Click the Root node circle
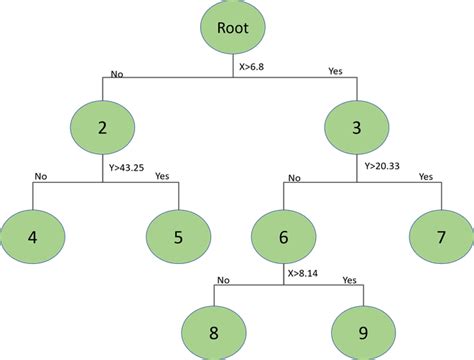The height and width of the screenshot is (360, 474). click(x=232, y=29)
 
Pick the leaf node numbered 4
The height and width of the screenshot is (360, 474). click(x=33, y=237)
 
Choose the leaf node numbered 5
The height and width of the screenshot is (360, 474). click(x=177, y=237)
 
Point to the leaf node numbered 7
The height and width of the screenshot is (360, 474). click(x=440, y=237)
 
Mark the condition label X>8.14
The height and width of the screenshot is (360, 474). click(x=304, y=271)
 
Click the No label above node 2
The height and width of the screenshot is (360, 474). click(x=116, y=72)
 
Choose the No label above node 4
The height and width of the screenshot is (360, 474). click(x=40, y=176)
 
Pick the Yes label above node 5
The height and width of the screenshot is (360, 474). click(x=162, y=176)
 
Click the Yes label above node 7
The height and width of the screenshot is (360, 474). click(x=426, y=176)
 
